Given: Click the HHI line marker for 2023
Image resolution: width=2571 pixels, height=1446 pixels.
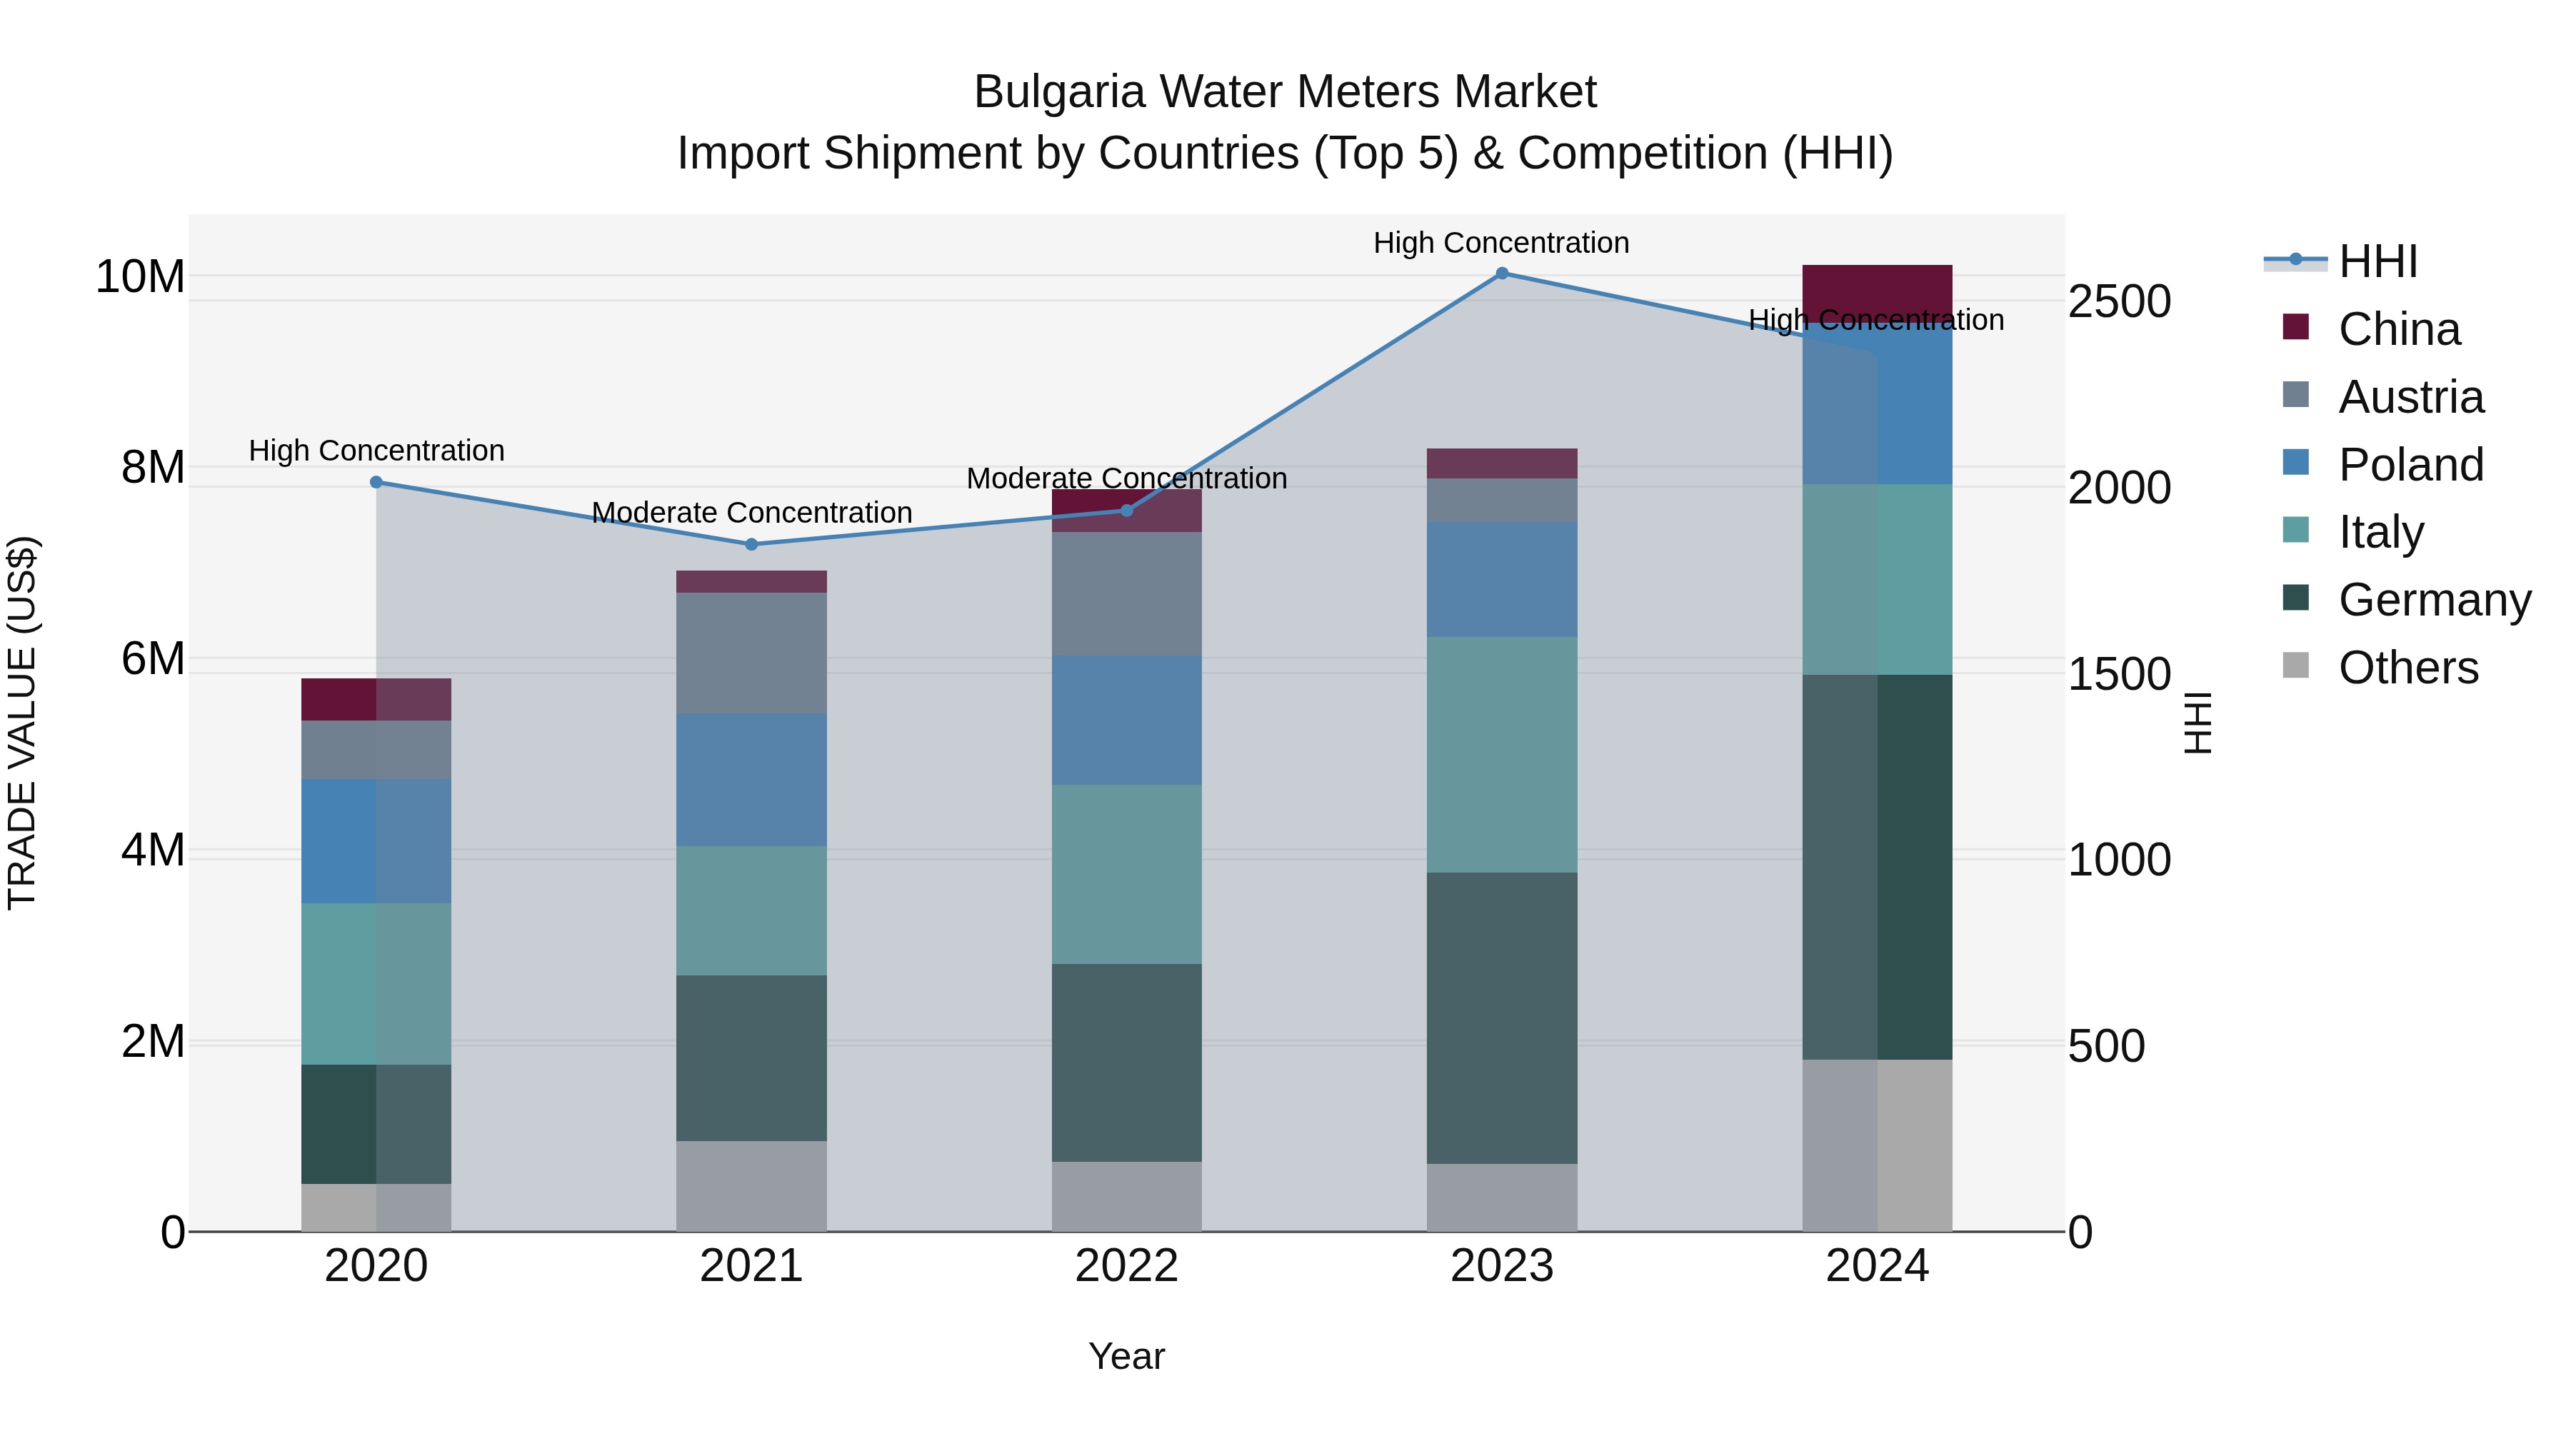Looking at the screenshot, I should point(1501,273).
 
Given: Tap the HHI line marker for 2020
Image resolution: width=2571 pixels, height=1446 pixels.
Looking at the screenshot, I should point(376,482).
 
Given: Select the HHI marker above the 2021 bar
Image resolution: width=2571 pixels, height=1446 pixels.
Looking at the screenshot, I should point(751,544).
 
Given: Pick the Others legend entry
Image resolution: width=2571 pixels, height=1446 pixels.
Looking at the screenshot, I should point(2407,668).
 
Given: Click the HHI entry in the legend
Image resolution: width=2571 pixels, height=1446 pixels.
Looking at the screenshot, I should point(2377,261).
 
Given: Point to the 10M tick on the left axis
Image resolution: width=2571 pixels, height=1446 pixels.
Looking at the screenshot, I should point(140,276).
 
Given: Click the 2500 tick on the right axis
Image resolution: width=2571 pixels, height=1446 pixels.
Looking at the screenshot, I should point(2119,301).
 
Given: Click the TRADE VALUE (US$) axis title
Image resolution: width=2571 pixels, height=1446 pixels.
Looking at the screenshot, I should point(22,723).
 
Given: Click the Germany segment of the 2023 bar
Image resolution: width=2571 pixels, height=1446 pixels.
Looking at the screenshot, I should point(1501,1017).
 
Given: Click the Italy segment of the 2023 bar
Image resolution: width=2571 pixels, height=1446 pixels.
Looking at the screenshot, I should point(1501,755).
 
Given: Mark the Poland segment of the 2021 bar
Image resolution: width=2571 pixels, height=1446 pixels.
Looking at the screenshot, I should point(751,779).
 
